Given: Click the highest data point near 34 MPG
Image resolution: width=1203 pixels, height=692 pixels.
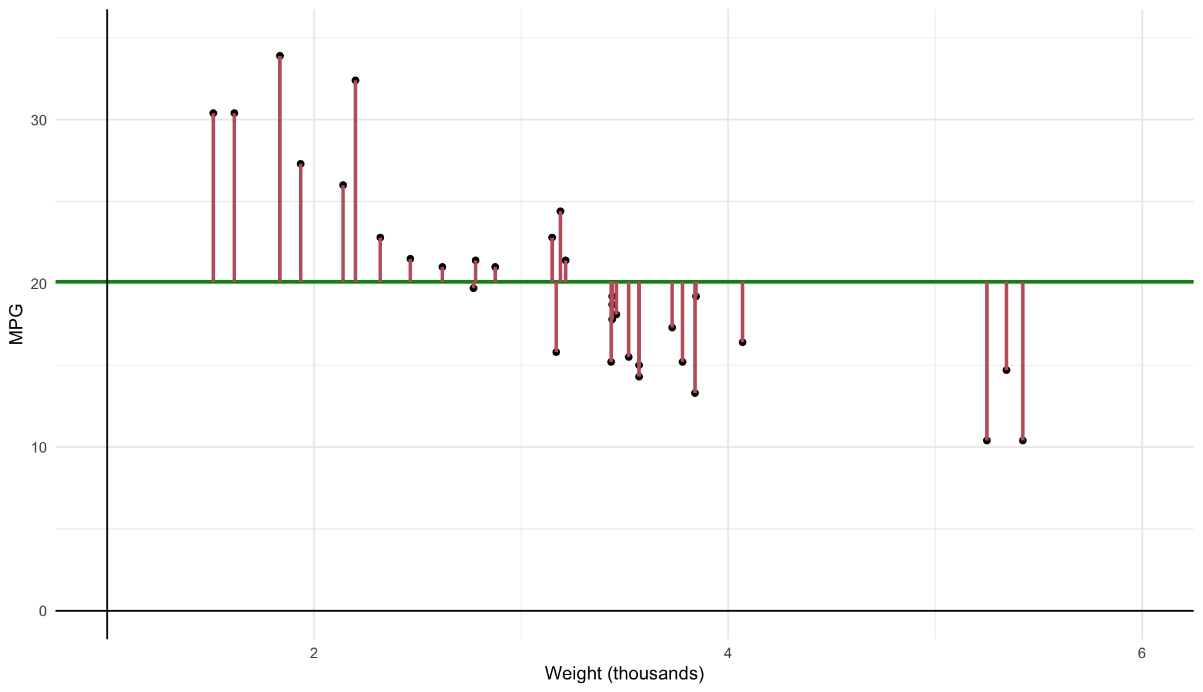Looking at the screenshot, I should click(x=280, y=56).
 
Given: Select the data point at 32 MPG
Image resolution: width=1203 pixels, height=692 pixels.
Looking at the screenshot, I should click(x=355, y=80).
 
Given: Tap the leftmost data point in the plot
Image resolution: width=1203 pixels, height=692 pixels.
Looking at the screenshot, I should click(x=213, y=113).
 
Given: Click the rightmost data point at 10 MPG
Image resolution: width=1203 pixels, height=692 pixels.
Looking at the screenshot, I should click(x=1023, y=441).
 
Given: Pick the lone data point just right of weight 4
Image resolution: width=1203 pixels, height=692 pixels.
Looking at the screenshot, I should click(x=742, y=342).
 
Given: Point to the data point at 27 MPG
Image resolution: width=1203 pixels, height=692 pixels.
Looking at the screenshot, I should click(x=301, y=164).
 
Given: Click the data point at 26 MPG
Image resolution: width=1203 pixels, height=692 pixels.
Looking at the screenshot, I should click(x=343, y=186).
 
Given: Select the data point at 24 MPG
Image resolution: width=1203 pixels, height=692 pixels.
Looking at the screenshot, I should click(x=560, y=211).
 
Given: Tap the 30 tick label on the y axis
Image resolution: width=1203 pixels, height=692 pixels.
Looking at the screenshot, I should click(x=39, y=120).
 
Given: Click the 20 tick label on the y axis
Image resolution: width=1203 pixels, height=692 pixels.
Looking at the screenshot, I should click(x=39, y=284).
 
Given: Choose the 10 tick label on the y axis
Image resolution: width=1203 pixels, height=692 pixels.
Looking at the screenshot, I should click(x=39, y=448).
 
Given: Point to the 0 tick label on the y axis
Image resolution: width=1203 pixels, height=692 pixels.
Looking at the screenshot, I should click(x=43, y=611).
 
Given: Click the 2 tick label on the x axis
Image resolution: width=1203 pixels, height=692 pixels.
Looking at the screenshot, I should click(x=314, y=654).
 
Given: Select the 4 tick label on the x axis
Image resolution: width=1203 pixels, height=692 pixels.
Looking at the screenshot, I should click(x=728, y=654).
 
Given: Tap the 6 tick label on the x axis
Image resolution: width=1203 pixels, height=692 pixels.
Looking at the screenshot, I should click(x=1142, y=654).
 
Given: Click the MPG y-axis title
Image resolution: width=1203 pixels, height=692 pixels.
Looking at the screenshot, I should click(x=16, y=324).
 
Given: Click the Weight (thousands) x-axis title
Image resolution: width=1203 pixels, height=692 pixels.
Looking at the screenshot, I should click(x=624, y=674).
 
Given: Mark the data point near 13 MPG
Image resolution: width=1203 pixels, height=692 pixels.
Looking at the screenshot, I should click(x=695, y=393).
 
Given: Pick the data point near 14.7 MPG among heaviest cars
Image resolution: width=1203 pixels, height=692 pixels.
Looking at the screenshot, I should click(x=1006, y=370).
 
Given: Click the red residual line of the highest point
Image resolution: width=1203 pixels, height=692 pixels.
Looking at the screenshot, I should click(x=280, y=169).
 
